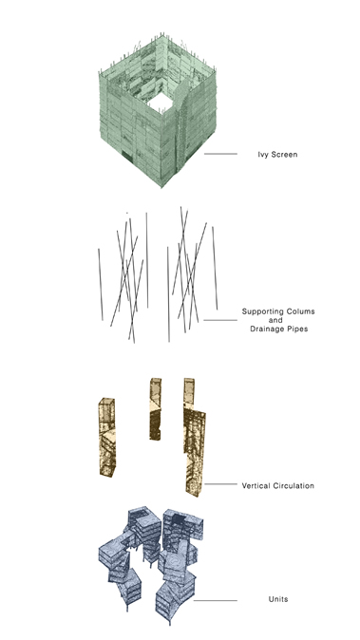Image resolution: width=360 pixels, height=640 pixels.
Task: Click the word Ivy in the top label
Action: pos(262,155)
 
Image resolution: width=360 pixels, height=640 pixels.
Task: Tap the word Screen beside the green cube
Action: pos(283,154)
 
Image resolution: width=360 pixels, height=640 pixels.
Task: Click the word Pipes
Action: pos(297,329)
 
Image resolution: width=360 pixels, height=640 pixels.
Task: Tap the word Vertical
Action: pos(256,486)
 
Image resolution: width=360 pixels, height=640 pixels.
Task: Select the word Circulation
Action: pos(294,486)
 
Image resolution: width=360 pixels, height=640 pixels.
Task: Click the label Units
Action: pos(278,599)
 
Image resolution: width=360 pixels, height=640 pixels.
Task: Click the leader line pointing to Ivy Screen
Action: pos(220,154)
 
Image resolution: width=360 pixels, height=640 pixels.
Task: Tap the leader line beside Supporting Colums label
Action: pos(220,320)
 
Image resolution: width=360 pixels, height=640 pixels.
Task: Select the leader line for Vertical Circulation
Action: pos(220,484)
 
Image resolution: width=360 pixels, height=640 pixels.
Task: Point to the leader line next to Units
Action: pos(215,601)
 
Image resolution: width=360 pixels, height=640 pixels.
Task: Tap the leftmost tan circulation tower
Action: pos(107,437)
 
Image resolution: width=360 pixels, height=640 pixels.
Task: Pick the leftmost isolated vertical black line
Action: pos(100,285)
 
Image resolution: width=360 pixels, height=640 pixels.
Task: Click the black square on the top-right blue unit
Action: pos(179,519)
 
